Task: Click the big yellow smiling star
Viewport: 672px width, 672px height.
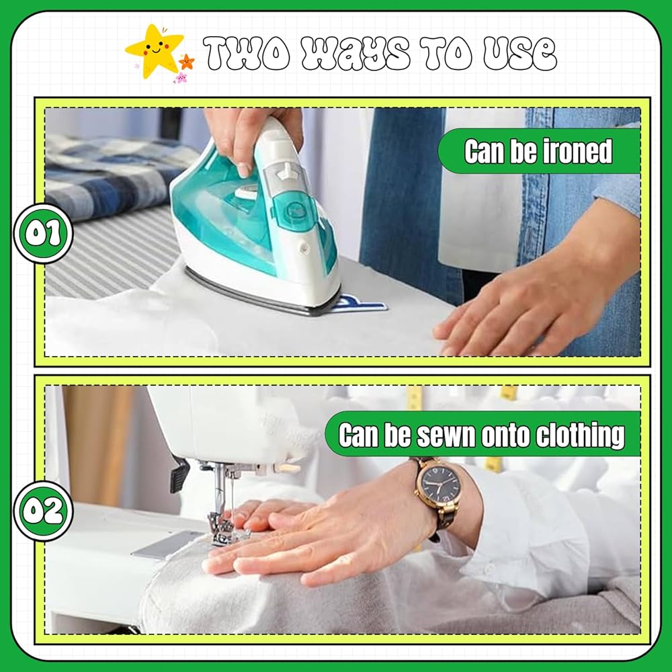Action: coord(155,50)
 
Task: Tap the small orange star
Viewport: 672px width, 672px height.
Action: coord(186,62)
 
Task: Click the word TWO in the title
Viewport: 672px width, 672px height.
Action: coord(247,53)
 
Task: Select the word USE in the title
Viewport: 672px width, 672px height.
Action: coord(519,53)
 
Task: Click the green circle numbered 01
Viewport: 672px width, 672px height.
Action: coord(43,234)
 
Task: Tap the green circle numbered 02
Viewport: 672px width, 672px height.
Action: coord(43,511)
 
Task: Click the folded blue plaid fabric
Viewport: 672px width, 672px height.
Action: coord(112,175)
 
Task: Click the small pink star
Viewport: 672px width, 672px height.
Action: coord(180,77)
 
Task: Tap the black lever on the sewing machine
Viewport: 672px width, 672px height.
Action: coord(179,474)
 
